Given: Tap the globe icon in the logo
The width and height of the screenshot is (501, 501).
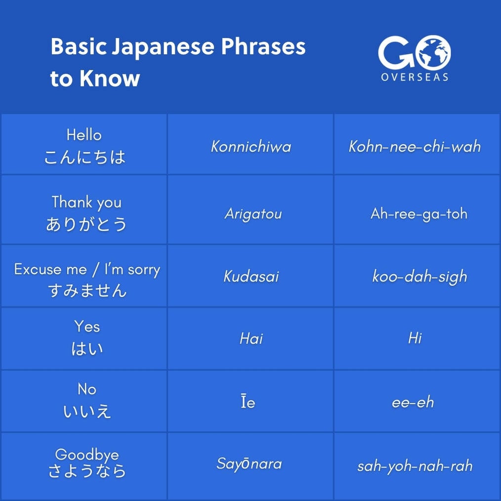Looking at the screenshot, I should coord(433,52).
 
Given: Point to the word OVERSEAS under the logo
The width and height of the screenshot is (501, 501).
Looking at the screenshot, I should coord(415,77).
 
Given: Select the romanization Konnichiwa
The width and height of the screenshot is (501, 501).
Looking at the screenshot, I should coord(251,146).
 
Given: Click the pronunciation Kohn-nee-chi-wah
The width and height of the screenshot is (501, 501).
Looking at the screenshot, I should coord(415,146).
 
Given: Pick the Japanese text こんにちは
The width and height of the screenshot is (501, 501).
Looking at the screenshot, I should coord(84,157).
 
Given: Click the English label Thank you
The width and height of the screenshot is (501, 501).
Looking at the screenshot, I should coord(86,202).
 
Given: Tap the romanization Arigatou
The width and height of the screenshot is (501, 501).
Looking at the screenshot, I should coord(253,214).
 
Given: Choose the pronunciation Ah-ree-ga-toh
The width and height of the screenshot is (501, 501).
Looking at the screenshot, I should coord(418,214).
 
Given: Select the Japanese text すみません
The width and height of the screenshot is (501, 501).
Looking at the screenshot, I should coord(87,290).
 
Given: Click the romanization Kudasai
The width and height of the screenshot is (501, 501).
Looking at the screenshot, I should coord(251,276).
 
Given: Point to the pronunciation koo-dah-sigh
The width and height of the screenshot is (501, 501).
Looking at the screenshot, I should coord(419,276).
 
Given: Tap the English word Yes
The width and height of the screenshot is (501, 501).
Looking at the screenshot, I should coord(87,326).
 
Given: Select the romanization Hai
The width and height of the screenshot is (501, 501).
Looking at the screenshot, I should coord(251,338).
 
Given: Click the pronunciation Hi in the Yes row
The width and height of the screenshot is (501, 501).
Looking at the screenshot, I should coord(415,338).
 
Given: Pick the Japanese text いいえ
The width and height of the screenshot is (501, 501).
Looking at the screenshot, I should coord(87,411).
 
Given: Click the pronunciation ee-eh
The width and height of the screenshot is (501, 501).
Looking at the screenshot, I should coord(413,402).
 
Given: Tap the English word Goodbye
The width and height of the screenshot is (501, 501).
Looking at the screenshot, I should coord(87,454).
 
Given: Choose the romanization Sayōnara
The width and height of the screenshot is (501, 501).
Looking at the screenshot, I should coord(249,464).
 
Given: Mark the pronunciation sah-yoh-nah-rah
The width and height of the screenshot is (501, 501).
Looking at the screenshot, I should coord(415,466).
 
